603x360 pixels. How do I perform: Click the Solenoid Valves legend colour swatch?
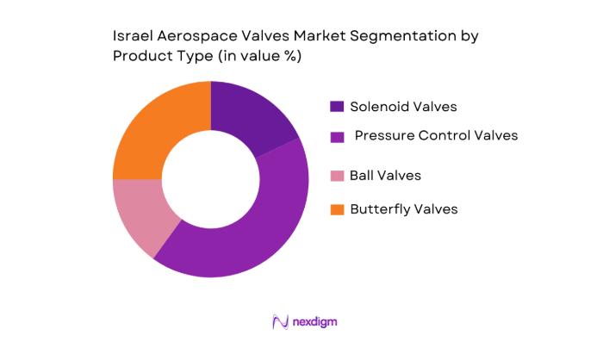click(337, 107)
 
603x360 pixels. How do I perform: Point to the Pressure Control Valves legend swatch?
click(337, 136)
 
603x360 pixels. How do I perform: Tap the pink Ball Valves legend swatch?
click(337, 176)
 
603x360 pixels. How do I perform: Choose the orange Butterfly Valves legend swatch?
click(337, 209)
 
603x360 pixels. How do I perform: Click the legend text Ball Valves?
click(385, 176)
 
